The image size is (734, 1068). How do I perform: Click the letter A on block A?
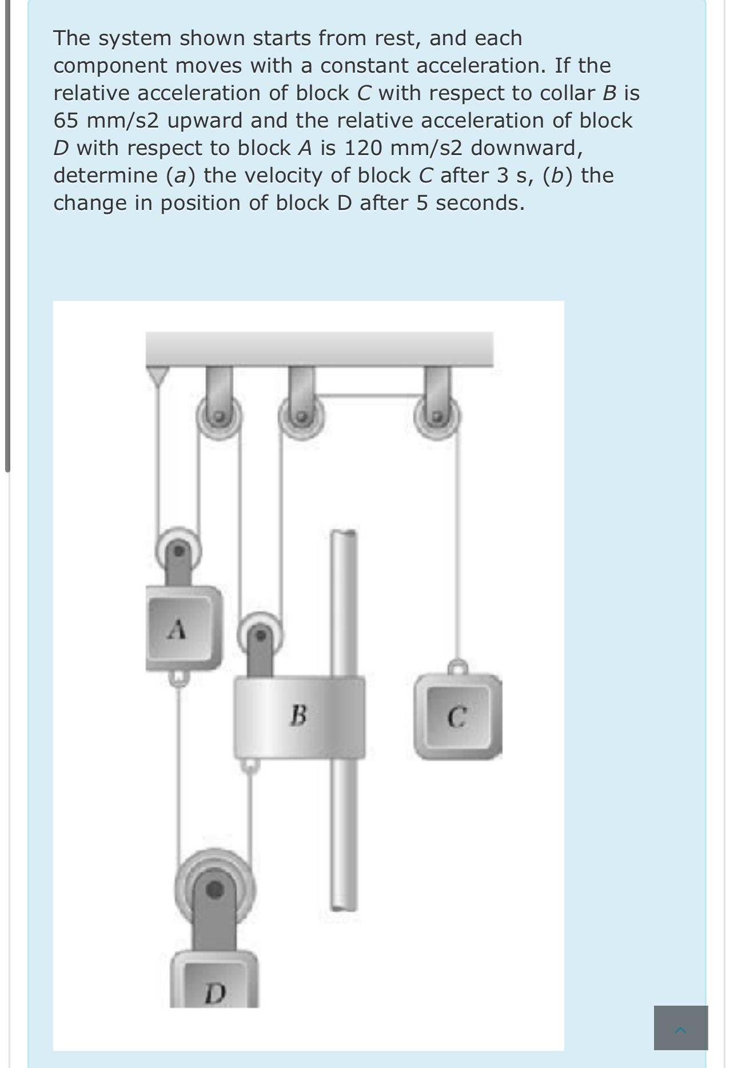coord(178,629)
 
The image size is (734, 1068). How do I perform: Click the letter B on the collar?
coord(298,715)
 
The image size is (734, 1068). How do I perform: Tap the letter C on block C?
coord(457,717)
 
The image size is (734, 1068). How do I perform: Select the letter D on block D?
coord(215,994)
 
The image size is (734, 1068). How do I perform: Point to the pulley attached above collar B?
coord(261,634)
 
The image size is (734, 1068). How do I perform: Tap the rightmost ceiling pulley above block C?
coord(437,416)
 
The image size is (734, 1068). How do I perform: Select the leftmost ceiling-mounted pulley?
coord(219,416)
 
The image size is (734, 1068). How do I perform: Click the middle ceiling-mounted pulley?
coord(301,416)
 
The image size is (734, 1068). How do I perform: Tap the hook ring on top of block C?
coord(457,667)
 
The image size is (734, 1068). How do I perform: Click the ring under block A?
coord(178,678)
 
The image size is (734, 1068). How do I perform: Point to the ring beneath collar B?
coord(249,766)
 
